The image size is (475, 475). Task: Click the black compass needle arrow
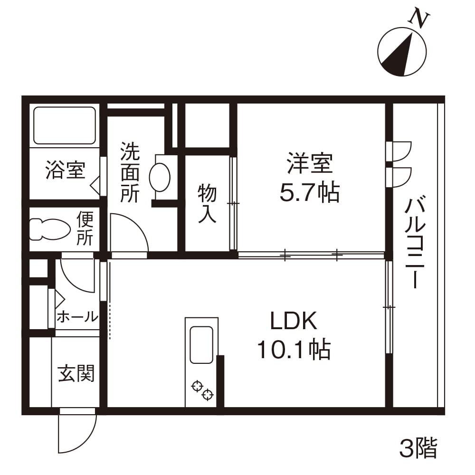pos(399,56)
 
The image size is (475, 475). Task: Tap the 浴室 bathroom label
pos(66,170)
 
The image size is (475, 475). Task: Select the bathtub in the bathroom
pos(65,125)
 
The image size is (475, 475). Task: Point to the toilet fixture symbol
pos(50,229)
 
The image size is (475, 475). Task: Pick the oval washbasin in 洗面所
pos(160,178)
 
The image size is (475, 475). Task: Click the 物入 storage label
pos(207,204)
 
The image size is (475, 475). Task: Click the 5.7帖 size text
pos(309,192)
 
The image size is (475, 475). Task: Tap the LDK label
pos(294,321)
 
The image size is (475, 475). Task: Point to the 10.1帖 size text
pos(294,350)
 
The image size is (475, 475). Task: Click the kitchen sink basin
pos(201,345)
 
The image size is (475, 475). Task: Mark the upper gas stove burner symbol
pos(197,386)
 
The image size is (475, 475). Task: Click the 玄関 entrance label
pos(76,373)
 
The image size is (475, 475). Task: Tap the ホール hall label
pos(77,317)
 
